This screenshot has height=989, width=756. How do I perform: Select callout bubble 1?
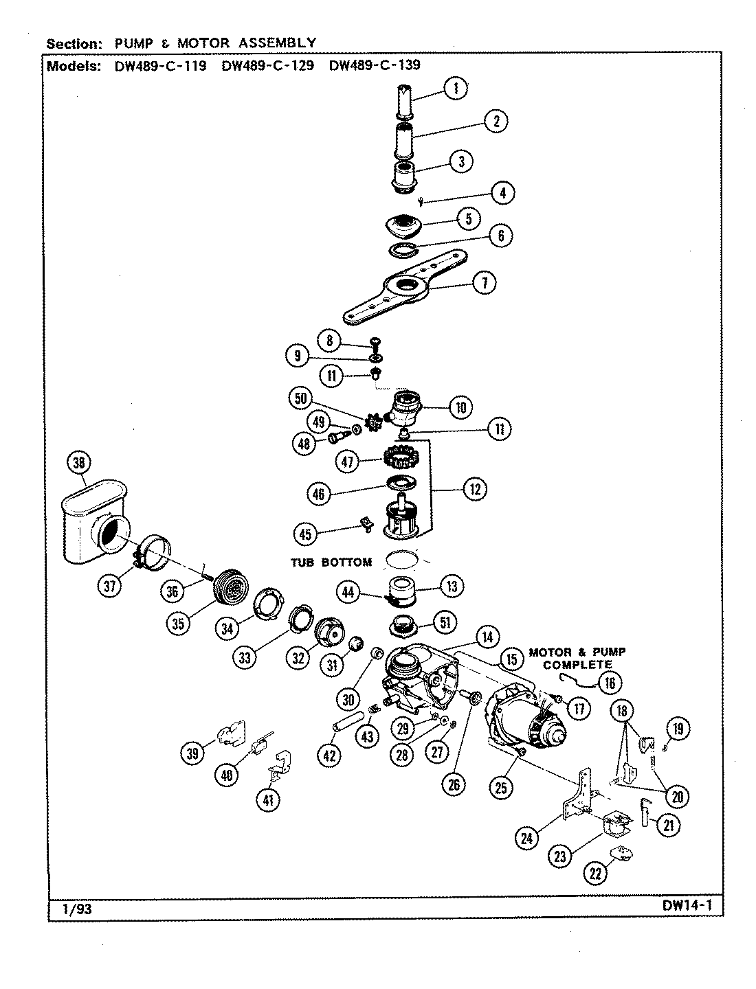point(455,87)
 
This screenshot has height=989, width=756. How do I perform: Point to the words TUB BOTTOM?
point(331,562)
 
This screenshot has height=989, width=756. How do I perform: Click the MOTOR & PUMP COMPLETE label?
point(577,658)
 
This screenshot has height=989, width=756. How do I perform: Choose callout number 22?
point(596,872)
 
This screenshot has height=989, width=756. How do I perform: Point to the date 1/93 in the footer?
point(76,909)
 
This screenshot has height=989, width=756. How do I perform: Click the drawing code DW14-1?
point(687,906)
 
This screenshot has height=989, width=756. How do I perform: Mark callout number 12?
point(475,488)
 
